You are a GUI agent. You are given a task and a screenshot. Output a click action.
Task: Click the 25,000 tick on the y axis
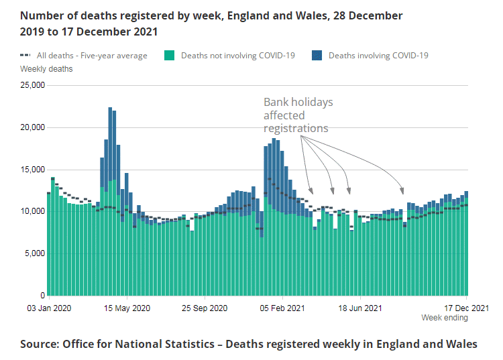point(32,85)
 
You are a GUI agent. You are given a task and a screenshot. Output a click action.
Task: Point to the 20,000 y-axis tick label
point(32,127)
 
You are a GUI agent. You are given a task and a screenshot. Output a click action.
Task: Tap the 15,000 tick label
point(32,170)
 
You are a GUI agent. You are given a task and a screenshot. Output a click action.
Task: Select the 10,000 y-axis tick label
point(32,211)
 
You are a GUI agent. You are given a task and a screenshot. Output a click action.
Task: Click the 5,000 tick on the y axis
point(34,253)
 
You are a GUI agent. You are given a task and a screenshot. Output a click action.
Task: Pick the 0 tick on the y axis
point(42,296)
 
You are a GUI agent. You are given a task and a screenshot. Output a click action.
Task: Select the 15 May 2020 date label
point(127,308)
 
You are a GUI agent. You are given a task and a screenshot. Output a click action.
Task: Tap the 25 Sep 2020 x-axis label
point(205,308)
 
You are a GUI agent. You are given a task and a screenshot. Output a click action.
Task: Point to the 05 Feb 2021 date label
point(283,308)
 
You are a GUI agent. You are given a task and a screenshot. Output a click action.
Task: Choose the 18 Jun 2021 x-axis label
point(360,308)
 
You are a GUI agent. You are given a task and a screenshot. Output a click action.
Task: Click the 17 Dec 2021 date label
point(466,308)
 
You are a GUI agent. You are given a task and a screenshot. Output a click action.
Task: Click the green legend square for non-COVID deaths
point(169,56)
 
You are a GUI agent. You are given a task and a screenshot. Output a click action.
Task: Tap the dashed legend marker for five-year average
point(25,56)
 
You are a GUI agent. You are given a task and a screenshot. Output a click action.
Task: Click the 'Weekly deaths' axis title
point(46,68)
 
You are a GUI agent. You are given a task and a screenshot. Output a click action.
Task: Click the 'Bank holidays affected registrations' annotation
point(298,115)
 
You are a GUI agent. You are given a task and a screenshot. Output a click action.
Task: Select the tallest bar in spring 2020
point(110,201)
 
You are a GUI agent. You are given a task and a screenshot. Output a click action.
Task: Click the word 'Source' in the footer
point(38,344)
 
